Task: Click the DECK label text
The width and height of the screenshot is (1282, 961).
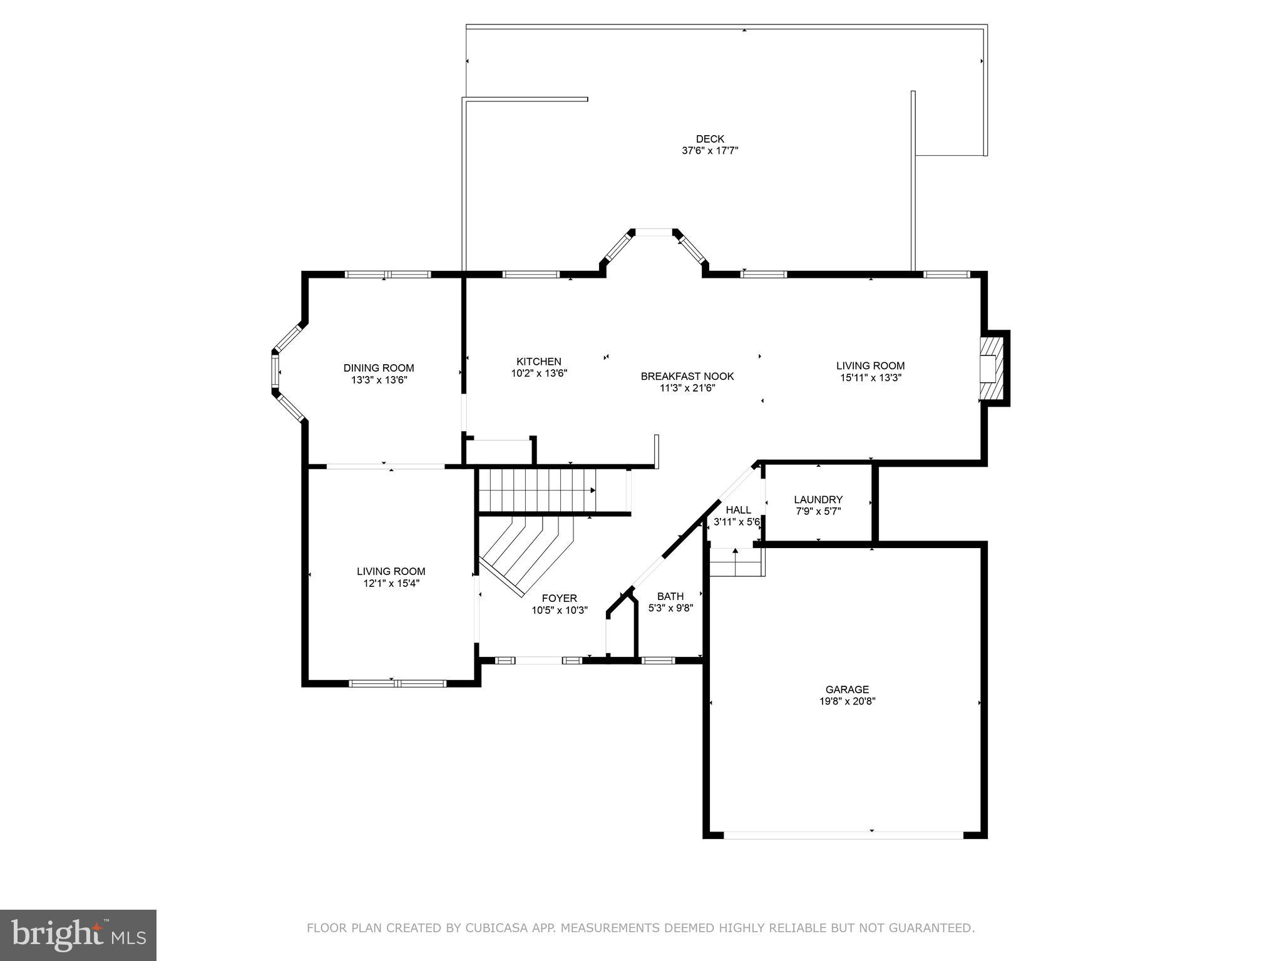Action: pyautogui.click(x=710, y=139)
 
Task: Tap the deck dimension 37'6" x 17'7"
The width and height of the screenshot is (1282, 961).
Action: pyautogui.click(x=710, y=151)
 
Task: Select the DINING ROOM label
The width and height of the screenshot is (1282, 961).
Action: pyautogui.click(x=379, y=368)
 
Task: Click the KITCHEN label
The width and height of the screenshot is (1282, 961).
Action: pyautogui.click(x=538, y=362)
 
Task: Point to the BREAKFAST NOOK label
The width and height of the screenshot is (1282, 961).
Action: pyautogui.click(x=687, y=376)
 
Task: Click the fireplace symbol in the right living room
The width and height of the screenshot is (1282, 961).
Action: pyautogui.click(x=991, y=369)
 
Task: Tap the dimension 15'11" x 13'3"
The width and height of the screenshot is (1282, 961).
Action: pyautogui.click(x=870, y=378)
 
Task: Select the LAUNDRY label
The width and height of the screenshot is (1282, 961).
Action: pyautogui.click(x=818, y=499)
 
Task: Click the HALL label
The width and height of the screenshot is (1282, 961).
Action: pyautogui.click(x=738, y=510)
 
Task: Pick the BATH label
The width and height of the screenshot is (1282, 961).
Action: pyautogui.click(x=670, y=596)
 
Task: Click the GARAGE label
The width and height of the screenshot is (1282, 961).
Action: pyautogui.click(x=847, y=689)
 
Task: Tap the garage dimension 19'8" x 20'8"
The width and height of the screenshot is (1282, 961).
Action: pyautogui.click(x=847, y=701)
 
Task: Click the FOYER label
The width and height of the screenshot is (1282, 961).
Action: pyautogui.click(x=559, y=598)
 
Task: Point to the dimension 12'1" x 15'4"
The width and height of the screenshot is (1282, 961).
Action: pyautogui.click(x=391, y=583)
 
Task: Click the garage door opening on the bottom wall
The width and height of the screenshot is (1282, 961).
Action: pyautogui.click(x=843, y=835)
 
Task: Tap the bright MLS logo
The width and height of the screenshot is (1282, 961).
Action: pyautogui.click(x=78, y=935)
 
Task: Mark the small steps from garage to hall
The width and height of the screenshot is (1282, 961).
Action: pyautogui.click(x=736, y=562)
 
